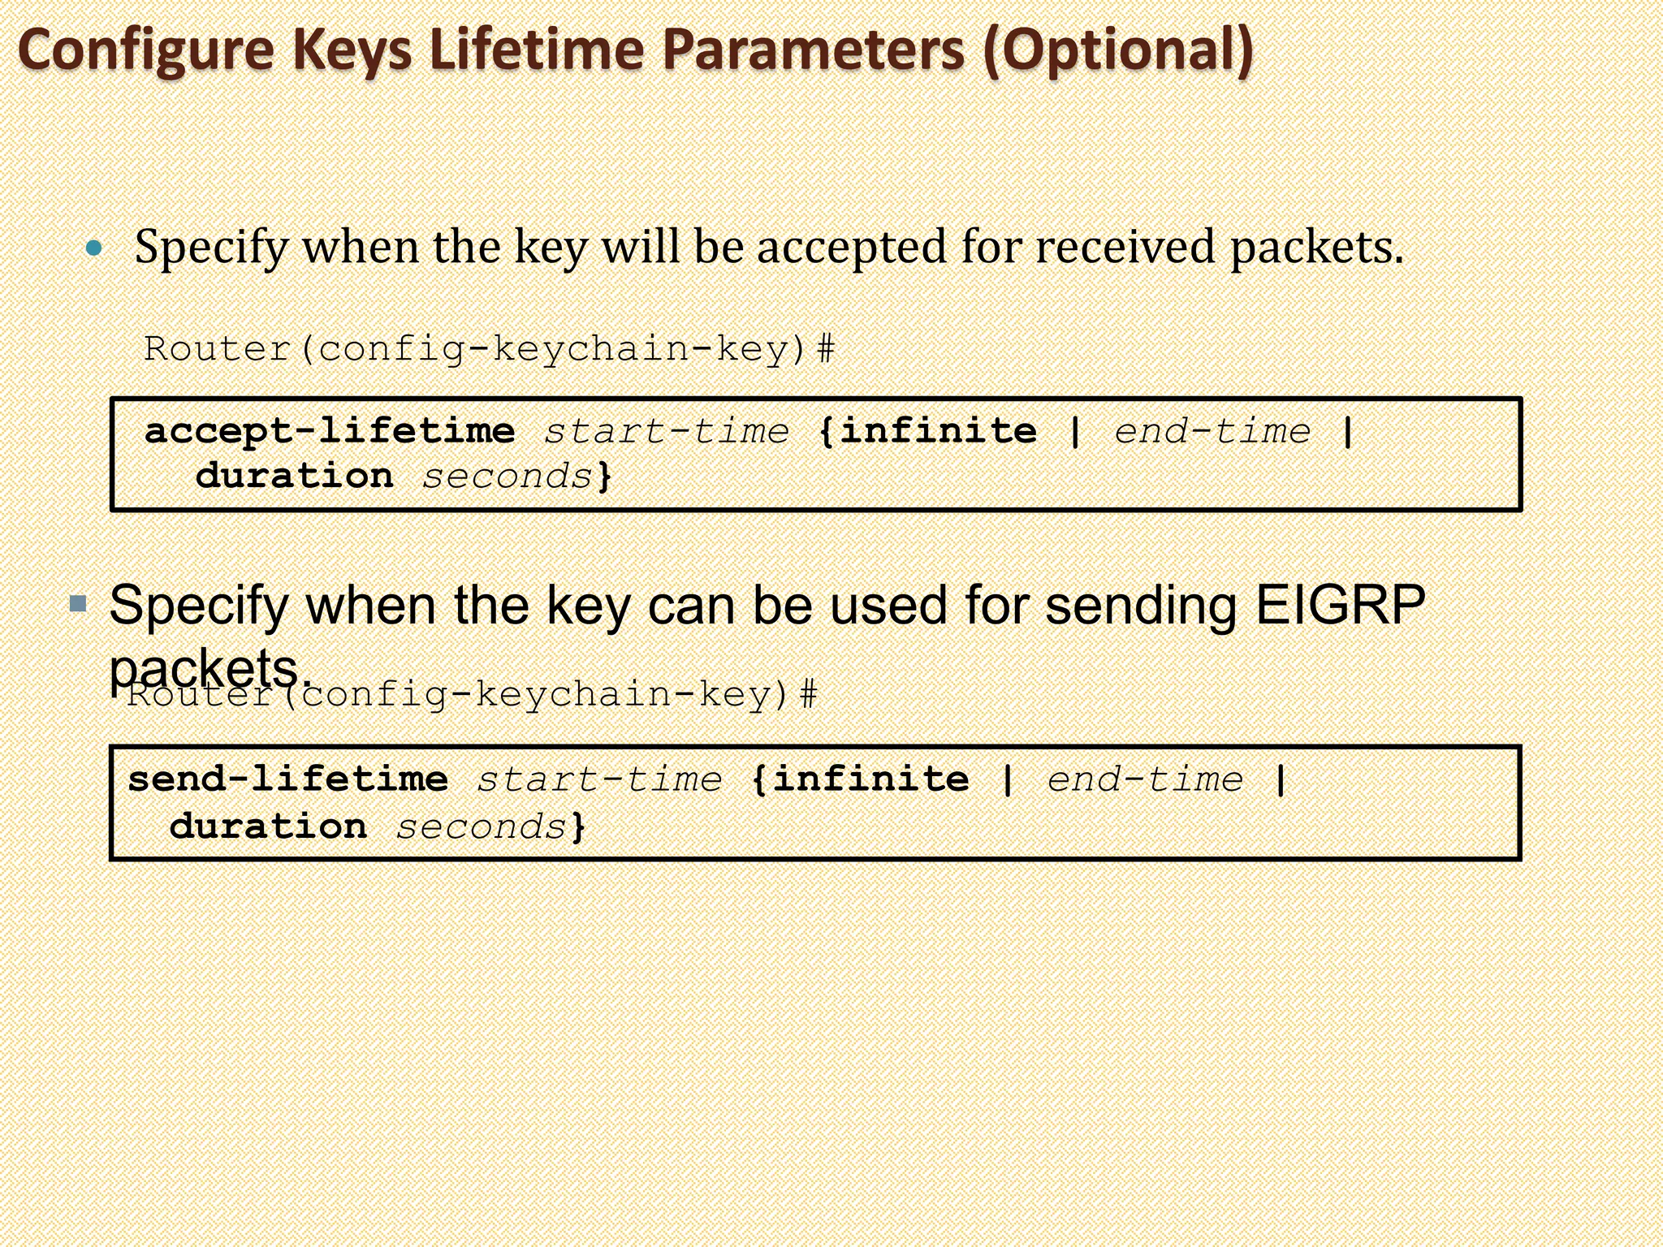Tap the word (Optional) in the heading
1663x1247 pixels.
1117,50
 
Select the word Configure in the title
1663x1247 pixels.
147,50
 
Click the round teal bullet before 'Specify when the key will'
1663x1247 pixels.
95,248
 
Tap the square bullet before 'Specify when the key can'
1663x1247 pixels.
79,603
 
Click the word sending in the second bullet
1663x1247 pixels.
1141,606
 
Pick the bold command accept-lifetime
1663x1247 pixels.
330,431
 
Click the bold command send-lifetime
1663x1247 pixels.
288,779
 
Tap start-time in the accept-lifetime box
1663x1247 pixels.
666,431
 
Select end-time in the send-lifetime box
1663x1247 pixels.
1145,779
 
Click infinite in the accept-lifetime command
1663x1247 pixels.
938,431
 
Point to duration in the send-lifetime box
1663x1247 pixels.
268,826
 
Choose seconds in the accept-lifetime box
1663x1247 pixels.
508,477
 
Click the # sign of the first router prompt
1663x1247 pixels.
825,350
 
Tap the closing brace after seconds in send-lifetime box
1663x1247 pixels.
578,826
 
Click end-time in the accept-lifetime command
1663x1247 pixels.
1212,431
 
